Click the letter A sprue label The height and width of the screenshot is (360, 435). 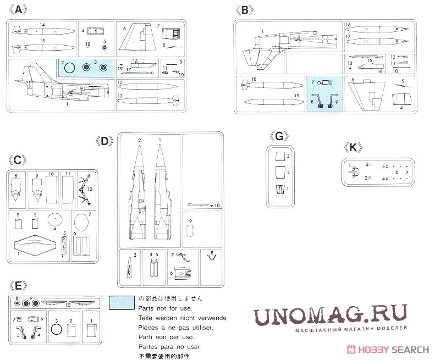[19, 10]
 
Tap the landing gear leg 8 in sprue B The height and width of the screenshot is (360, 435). [318, 100]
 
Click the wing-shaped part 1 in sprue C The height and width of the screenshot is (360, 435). [36, 247]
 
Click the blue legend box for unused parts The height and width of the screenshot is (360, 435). [122, 303]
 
